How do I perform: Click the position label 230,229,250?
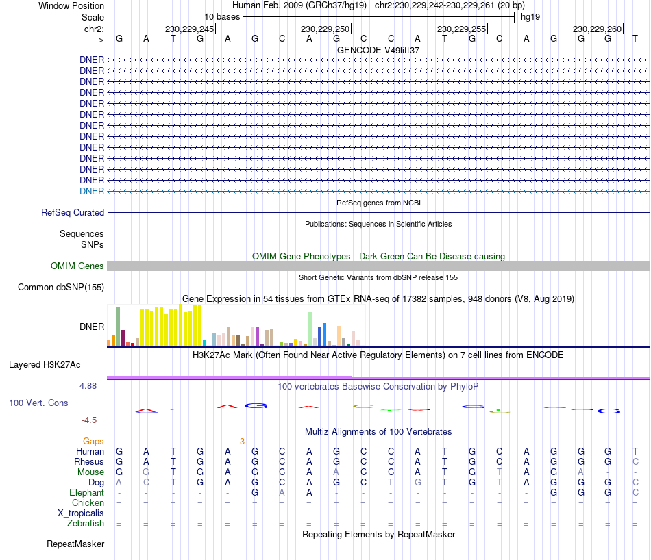click(325, 29)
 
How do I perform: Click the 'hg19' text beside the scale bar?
click(530, 16)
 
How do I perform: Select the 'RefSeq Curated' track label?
click(73, 213)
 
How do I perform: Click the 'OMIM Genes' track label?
click(77, 266)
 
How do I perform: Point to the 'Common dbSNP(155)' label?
click(61, 288)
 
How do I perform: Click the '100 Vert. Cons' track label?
click(38, 403)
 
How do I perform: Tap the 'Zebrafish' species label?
click(86, 524)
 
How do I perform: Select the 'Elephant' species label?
click(86, 493)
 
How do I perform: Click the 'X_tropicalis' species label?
click(81, 513)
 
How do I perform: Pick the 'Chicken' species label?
click(88, 503)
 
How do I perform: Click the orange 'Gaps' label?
click(94, 442)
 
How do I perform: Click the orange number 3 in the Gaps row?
click(242, 442)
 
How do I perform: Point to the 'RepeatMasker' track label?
click(75, 544)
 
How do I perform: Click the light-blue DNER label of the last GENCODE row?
click(92, 191)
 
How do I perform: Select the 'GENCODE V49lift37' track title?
click(378, 51)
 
